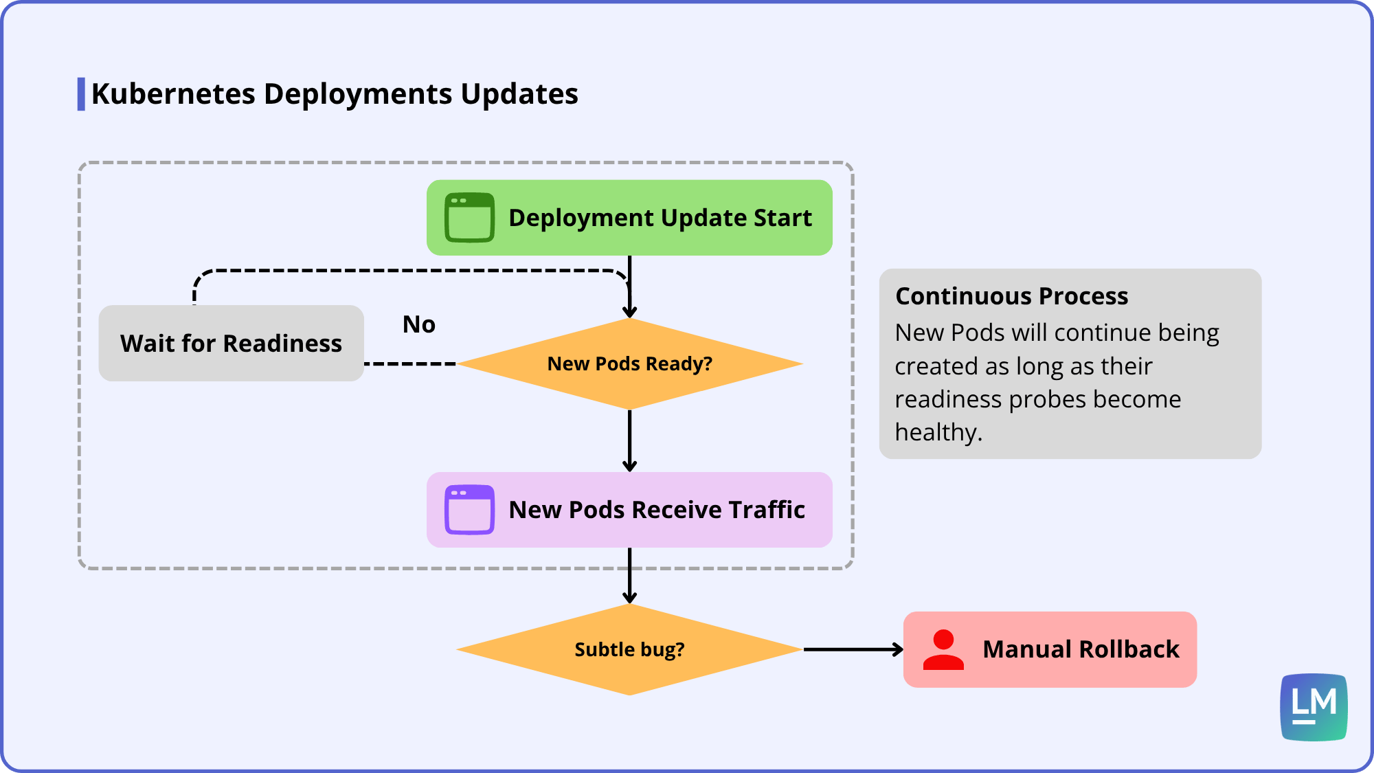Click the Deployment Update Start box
coord(629,218)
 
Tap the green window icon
coord(469,218)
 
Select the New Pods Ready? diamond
coord(629,363)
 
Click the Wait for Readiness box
coord(231,343)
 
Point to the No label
coord(419,324)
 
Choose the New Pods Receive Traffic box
coord(629,510)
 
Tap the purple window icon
coord(469,510)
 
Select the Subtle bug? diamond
coord(629,649)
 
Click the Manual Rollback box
coord(1050,649)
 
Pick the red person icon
coord(943,649)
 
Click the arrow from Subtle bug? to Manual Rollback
coord(853,649)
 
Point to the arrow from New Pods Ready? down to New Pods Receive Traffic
coord(629,440)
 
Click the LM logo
coord(1314,707)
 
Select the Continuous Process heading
coord(1011,296)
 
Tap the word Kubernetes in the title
coord(173,94)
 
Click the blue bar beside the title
coord(81,94)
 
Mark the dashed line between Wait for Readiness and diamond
coord(410,363)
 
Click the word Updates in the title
coord(519,94)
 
